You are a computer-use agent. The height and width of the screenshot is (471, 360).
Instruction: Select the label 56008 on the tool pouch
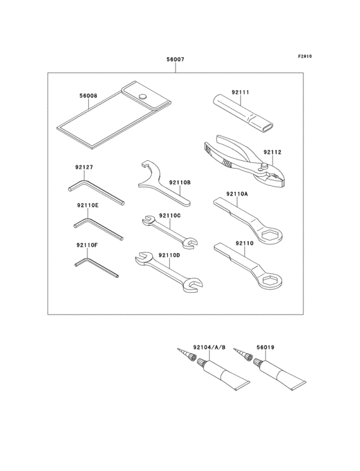pos(88,96)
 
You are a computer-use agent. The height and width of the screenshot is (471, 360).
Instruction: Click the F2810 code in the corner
pos(305,56)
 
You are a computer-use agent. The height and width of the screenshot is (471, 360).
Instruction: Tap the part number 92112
pos(273,152)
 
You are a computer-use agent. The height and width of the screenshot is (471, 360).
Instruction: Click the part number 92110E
pos(87,205)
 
